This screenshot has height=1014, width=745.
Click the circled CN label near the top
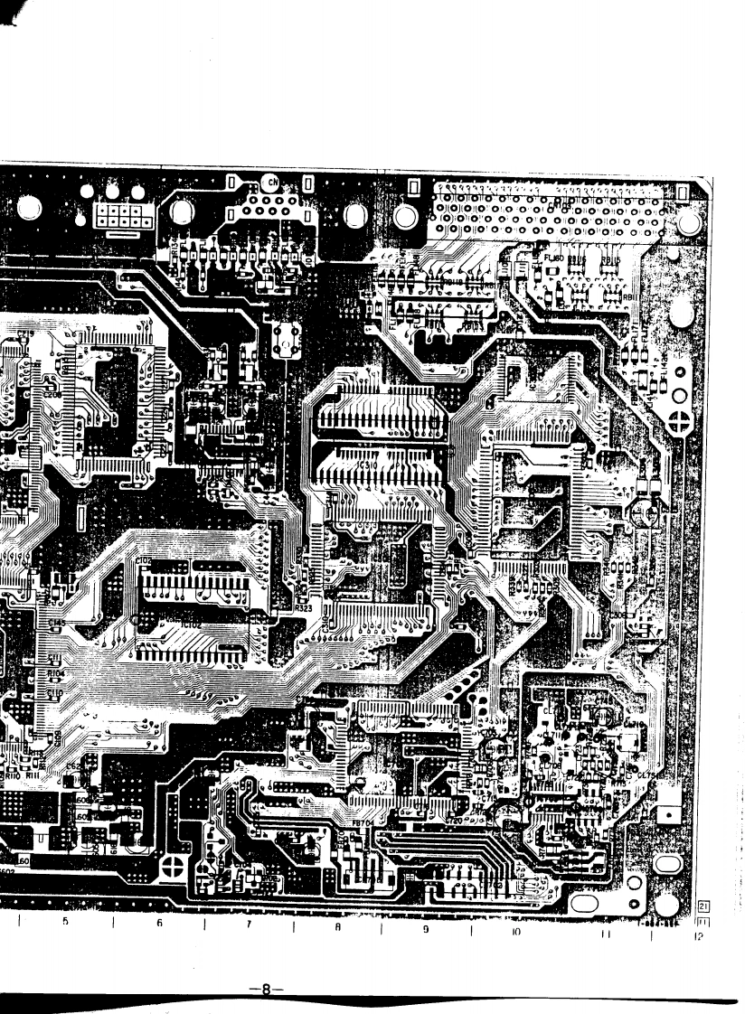272,183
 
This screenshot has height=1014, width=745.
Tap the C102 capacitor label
145,561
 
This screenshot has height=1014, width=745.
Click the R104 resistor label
54,673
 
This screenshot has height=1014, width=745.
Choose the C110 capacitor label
54,693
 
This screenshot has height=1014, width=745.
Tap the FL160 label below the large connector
554,258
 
